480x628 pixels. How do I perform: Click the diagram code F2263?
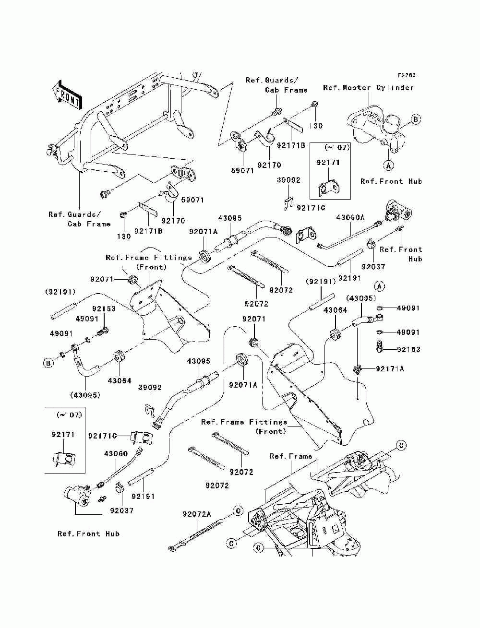[x=406, y=75]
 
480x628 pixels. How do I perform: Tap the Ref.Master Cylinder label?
[x=368, y=88]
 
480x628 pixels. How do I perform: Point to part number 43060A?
[x=350, y=217]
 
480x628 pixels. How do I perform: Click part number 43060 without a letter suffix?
[x=116, y=453]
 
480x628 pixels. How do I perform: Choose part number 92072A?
[x=196, y=514]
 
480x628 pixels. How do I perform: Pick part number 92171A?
[x=390, y=368]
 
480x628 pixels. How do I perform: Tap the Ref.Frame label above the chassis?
[x=290, y=456]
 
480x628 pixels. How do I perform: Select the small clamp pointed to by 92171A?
[x=358, y=369]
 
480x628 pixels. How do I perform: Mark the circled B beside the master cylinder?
[x=416, y=119]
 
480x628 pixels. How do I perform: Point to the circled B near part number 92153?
[x=48, y=363]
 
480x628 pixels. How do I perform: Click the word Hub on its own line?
[x=415, y=259]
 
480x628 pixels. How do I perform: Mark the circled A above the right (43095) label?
[x=380, y=286]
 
